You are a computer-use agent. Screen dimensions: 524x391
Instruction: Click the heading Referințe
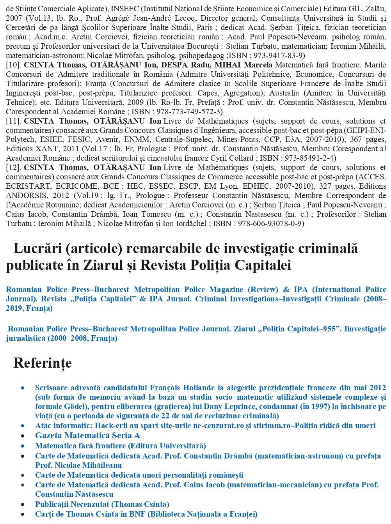pos(43,363)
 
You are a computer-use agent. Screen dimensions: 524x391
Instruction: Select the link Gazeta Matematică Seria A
pos(87,435)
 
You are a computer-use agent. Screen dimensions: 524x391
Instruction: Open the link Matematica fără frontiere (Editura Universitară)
pos(120,446)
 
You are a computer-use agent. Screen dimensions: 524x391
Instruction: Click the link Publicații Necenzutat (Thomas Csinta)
pos(102,504)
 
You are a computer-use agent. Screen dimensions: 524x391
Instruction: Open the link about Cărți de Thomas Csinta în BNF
pos(146,514)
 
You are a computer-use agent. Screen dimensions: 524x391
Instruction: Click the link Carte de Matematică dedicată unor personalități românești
pos(139,475)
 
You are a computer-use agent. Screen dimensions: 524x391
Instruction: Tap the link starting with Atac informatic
pos(205,425)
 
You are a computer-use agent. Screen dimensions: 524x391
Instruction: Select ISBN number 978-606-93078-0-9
pos(268,223)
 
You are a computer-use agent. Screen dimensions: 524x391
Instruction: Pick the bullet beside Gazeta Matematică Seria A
pos(24,435)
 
